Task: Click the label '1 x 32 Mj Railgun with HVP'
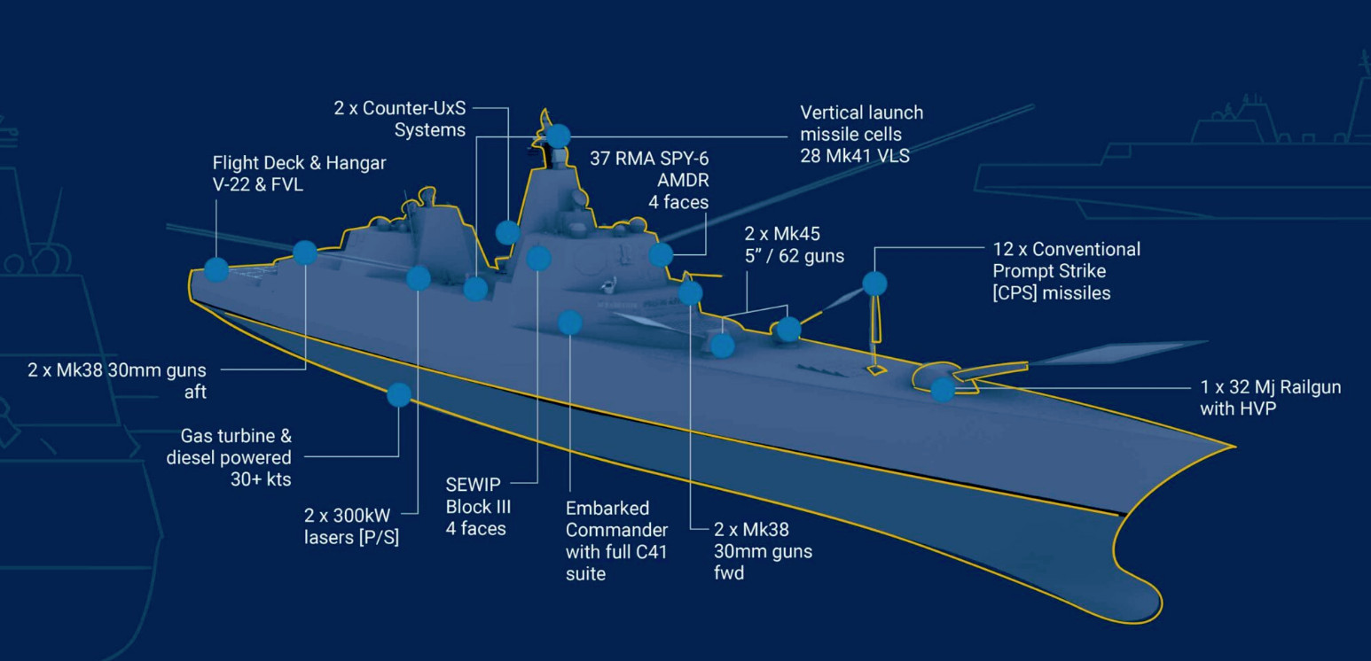1270,398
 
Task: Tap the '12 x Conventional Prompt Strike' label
1066,270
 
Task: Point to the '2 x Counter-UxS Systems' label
400,120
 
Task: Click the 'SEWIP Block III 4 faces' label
475,506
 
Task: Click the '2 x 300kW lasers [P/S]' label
351,526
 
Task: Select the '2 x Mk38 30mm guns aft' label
117,380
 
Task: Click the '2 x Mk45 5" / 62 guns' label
794,245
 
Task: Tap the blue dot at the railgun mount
942,388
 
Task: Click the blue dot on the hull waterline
399,394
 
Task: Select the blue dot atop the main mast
558,136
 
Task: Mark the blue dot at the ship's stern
215,268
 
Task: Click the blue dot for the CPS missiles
874,284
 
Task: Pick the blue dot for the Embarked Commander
569,323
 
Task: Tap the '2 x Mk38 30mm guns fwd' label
763,551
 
